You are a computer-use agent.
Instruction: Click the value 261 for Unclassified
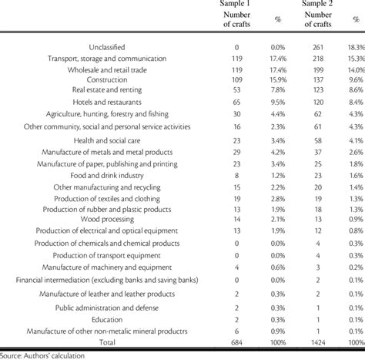[316, 47]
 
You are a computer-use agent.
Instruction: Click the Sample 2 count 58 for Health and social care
[316, 141]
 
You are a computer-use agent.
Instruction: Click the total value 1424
[316, 341]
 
